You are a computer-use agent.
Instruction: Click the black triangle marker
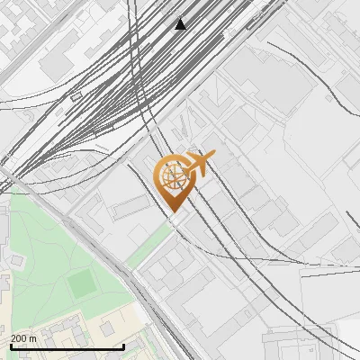click(181, 24)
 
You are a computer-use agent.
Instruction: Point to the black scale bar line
click(67, 347)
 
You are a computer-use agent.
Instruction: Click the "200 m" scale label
click(23, 338)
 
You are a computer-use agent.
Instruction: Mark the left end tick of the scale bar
click(10, 346)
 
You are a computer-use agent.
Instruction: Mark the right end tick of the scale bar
click(123, 346)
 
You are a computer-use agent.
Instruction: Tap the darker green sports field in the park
click(82, 282)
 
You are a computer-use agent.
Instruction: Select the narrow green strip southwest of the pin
click(148, 246)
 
